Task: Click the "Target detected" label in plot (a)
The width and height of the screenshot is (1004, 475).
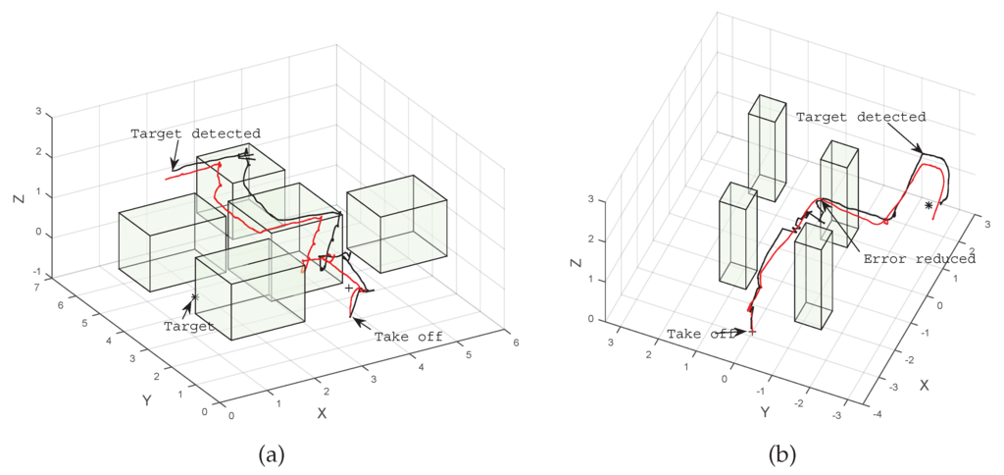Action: [x=195, y=133]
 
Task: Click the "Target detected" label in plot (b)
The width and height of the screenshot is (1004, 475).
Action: [x=860, y=117]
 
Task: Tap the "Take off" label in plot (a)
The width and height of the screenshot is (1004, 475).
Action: [x=408, y=337]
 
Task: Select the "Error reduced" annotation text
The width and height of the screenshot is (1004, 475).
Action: [x=919, y=259]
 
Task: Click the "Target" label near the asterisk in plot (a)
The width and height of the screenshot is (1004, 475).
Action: [x=188, y=326]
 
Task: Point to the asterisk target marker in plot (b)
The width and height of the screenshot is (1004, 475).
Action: [x=928, y=206]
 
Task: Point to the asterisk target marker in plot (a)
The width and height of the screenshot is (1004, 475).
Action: [x=195, y=296]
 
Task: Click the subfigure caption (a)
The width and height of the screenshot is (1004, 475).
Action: [x=272, y=454]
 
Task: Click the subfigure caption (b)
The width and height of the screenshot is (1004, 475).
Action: [x=781, y=454]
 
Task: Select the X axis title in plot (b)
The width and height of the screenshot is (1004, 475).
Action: [x=924, y=386]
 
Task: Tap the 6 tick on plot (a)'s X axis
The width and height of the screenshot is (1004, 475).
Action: [x=515, y=343]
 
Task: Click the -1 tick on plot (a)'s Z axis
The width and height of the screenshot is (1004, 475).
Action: [x=36, y=273]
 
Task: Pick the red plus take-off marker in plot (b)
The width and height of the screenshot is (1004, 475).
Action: [x=751, y=333]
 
